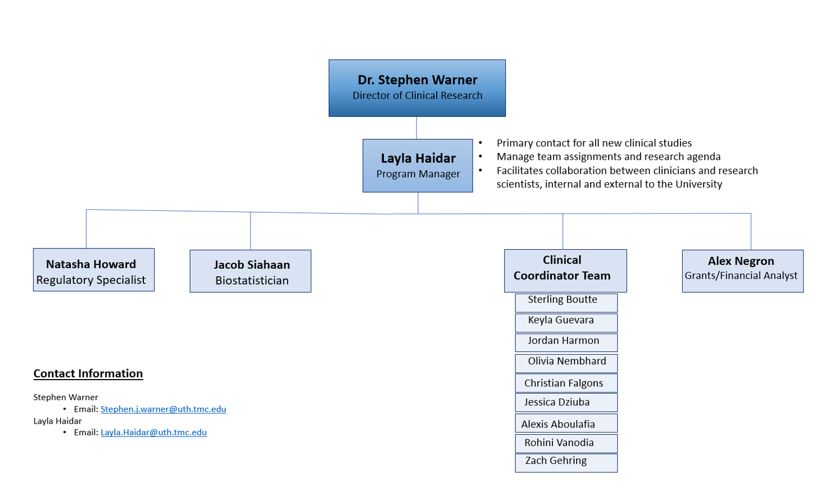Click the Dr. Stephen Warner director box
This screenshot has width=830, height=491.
click(417, 88)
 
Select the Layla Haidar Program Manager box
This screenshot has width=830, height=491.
click(418, 166)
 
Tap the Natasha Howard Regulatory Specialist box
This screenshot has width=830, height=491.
click(94, 269)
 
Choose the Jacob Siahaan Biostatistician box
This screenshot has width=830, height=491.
click(251, 271)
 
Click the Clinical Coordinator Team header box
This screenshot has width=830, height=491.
click(565, 271)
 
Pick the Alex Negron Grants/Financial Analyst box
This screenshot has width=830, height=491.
click(743, 271)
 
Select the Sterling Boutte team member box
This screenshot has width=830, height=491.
click(566, 303)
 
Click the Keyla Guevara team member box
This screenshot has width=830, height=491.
click(566, 323)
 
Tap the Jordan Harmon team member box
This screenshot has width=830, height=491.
click(566, 343)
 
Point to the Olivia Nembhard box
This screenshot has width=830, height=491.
click(566, 363)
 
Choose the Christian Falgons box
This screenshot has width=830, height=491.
click(566, 383)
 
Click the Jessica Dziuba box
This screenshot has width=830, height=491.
click(566, 403)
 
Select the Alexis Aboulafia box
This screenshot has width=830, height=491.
click(566, 423)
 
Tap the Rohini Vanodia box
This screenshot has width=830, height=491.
click(566, 444)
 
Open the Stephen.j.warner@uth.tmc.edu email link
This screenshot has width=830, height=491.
click(164, 409)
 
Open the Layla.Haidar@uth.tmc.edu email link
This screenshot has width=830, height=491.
click(154, 433)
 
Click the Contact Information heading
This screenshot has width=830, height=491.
click(88, 373)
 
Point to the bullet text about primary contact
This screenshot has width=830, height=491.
click(594, 143)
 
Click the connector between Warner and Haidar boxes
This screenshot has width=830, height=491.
click(416, 128)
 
